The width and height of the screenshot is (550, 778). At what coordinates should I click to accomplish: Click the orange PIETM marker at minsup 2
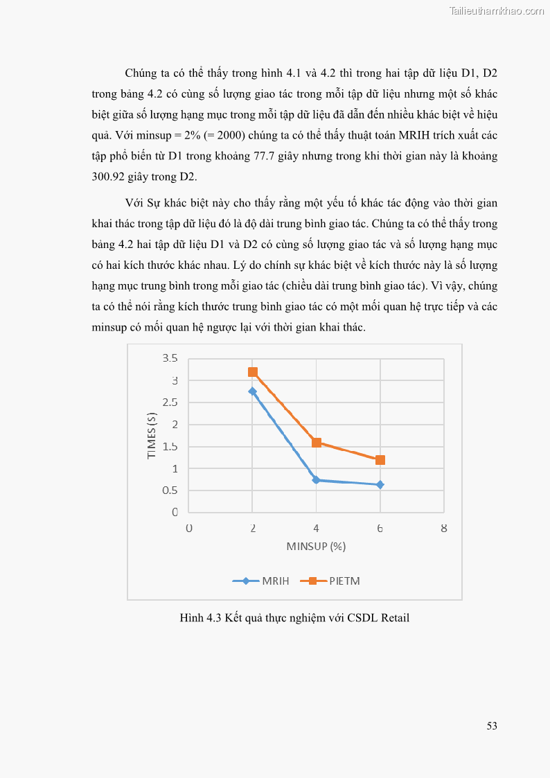253,372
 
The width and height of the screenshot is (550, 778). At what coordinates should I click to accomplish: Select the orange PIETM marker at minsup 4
317,442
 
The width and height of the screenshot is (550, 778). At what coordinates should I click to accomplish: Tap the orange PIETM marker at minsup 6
380,460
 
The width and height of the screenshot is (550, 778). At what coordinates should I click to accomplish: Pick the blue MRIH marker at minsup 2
253,391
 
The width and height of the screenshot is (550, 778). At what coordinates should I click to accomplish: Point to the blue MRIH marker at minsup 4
317,479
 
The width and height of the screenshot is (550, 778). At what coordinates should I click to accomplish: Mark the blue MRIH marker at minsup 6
380,484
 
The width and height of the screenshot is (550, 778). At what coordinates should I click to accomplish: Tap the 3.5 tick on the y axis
170,358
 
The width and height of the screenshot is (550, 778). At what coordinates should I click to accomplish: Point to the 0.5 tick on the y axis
170,490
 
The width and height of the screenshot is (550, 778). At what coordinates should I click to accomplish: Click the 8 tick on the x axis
444,528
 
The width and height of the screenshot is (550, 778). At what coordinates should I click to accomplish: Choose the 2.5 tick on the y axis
170,403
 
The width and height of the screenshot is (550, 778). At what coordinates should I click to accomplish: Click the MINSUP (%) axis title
316,546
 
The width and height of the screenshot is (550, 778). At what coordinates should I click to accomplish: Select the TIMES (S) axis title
152,435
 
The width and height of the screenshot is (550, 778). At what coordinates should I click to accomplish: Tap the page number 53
492,726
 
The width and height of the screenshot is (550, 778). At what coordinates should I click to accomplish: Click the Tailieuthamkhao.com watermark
497,10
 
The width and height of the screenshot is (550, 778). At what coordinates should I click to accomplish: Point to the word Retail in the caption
395,617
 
